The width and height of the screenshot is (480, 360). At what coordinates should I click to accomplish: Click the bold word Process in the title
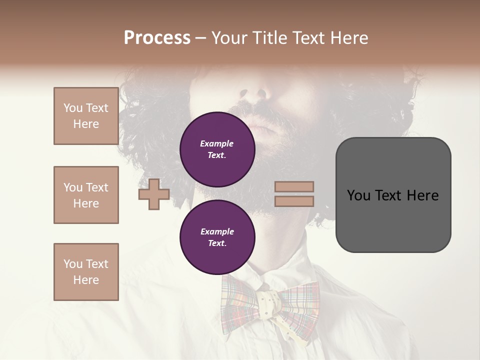(157, 38)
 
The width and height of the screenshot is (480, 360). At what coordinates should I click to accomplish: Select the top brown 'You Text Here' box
(86, 116)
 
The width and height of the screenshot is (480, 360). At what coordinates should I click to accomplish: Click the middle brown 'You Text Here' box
(86, 195)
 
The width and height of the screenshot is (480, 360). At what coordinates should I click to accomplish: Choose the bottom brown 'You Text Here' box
(86, 272)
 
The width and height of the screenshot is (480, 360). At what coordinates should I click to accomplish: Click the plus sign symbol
(154, 194)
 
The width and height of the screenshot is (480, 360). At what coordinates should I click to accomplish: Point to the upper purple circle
(217, 149)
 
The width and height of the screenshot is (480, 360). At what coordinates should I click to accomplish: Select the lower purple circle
(217, 237)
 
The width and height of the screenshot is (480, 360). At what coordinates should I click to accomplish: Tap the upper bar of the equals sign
(294, 187)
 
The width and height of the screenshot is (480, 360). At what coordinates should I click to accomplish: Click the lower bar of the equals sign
(294, 201)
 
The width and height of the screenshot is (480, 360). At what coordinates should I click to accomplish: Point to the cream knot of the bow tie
(270, 303)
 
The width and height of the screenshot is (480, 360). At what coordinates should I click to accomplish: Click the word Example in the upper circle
(217, 143)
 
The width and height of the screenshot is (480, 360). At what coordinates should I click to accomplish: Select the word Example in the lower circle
(217, 231)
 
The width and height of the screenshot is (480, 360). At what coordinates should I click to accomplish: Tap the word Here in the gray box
(423, 195)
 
